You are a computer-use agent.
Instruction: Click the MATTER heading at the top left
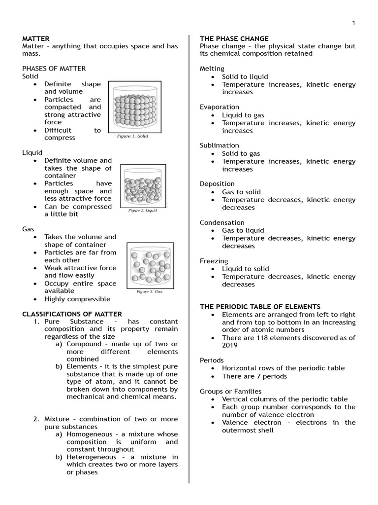pyautogui.click(x=36, y=38)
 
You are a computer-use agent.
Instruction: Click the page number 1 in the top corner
pyautogui.click(x=353, y=23)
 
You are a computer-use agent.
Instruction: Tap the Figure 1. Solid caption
pyautogui.click(x=132, y=136)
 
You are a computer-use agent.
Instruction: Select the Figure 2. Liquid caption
pyautogui.click(x=142, y=211)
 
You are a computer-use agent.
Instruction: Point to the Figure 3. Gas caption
pyautogui.click(x=149, y=291)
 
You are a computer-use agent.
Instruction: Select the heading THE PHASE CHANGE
pyautogui.click(x=234, y=38)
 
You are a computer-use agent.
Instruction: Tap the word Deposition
pyautogui.click(x=217, y=184)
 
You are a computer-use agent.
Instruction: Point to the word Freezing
pyautogui.click(x=214, y=261)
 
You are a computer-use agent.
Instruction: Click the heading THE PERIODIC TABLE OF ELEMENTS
pyautogui.click(x=260, y=307)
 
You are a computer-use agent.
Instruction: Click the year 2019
pyautogui.click(x=230, y=346)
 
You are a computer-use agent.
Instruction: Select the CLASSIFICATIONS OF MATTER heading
pyautogui.click(x=72, y=314)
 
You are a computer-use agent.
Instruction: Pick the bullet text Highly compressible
pyautogui.click(x=77, y=299)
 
